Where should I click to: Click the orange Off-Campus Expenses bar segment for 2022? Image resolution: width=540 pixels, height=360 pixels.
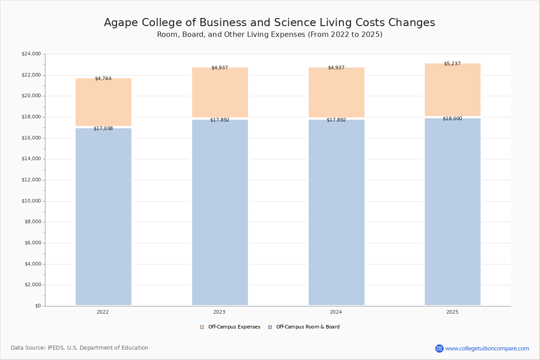[103, 102]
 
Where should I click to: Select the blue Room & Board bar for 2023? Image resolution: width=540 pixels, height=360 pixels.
[220, 212]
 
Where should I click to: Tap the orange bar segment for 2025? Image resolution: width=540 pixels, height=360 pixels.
[453, 90]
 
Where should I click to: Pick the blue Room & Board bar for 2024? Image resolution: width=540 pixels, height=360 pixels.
[337, 212]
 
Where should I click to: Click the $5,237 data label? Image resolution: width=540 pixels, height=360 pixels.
[453, 63]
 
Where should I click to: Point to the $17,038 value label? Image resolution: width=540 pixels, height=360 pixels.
[103, 129]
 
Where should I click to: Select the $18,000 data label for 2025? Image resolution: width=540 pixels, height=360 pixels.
[453, 119]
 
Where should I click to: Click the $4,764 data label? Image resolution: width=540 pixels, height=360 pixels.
[103, 79]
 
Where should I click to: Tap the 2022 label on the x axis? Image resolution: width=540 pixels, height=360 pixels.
[103, 312]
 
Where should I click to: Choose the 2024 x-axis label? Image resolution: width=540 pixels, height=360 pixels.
[336, 312]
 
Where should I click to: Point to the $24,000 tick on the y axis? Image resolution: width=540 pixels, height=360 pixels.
[31, 54]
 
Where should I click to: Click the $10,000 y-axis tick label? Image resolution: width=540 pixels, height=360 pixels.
[31, 201]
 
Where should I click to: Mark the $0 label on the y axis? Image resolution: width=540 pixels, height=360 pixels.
[38, 306]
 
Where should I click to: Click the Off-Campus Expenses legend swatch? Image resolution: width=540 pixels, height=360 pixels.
[202, 327]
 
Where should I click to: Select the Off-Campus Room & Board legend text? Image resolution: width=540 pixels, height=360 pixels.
[308, 327]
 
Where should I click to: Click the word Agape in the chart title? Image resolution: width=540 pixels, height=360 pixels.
[121, 23]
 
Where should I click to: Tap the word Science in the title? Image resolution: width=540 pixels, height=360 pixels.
[295, 22]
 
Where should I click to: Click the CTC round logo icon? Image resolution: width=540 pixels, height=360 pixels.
[439, 348]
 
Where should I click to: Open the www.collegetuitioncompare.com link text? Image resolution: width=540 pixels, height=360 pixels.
[487, 349]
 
